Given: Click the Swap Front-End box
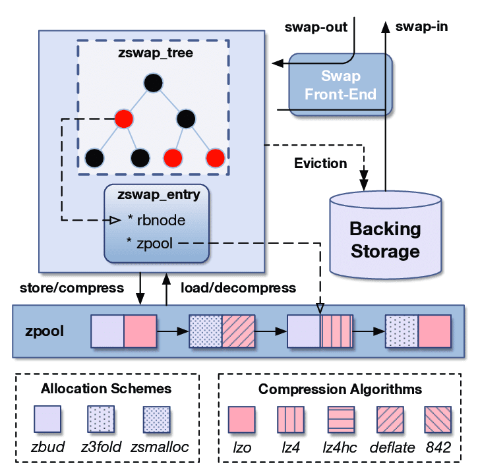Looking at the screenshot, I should coord(341,86).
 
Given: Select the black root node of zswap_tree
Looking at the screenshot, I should coord(153,83).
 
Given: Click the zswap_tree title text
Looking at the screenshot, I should coord(156,53).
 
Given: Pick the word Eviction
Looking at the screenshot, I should coord(320,163).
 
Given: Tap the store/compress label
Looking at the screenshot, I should coord(72,288).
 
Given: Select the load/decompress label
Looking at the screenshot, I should coord(238,288).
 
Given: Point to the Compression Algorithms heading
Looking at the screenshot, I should coord(340,389).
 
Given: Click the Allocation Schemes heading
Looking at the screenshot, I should coord(105,389).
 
